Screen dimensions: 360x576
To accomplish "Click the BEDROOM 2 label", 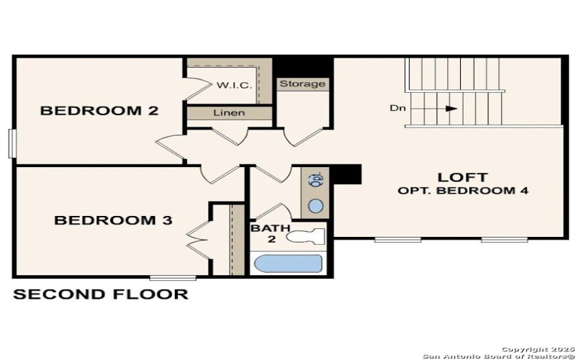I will [x=99, y=111].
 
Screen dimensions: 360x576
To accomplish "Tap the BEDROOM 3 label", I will [x=113, y=220].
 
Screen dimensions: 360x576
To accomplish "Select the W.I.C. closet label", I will [x=234, y=85].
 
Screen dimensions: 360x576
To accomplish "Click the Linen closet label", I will [x=229, y=113].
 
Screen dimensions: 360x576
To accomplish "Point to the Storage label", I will [x=302, y=84].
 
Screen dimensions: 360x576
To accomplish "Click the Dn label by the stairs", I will [x=398, y=109].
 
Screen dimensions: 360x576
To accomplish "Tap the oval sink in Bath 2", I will [x=315, y=206].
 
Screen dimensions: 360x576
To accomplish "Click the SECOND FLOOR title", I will [x=101, y=294].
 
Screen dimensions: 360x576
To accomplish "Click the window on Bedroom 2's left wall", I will [x=12, y=142].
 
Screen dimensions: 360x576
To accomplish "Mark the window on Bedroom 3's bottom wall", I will [x=173, y=277].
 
